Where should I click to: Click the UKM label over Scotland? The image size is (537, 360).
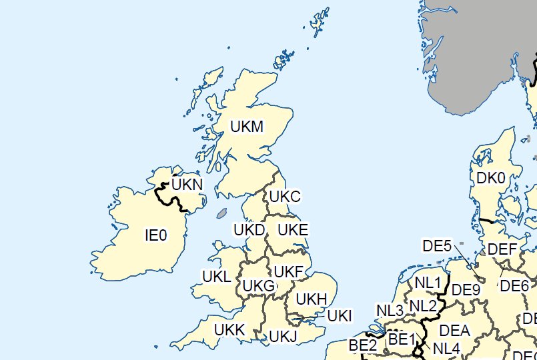tap(247, 126)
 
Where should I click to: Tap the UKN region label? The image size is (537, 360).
tap(187, 184)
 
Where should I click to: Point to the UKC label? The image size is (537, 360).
tap(285, 197)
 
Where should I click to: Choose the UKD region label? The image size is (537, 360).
tap(250, 230)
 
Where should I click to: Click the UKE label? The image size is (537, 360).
tap(293, 230)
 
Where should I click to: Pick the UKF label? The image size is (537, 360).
tap(289, 272)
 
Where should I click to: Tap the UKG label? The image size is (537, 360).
tap(259, 286)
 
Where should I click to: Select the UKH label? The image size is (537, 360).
tap(311, 299)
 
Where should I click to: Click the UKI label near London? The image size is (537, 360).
tap(340, 315)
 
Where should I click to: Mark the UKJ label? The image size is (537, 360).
tap(282, 336)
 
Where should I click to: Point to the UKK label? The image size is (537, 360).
tap(230, 329)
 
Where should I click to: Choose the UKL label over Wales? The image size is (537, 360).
tap(216, 276)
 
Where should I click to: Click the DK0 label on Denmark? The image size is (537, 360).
tap(491, 178)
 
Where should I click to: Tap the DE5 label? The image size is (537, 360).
tap(438, 246)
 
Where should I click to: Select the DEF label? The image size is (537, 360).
tap(502, 250)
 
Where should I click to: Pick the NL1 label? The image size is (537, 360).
tap(428, 283)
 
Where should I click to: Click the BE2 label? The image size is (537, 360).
tap(363, 346)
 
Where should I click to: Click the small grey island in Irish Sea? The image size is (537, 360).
tap(223, 214)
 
